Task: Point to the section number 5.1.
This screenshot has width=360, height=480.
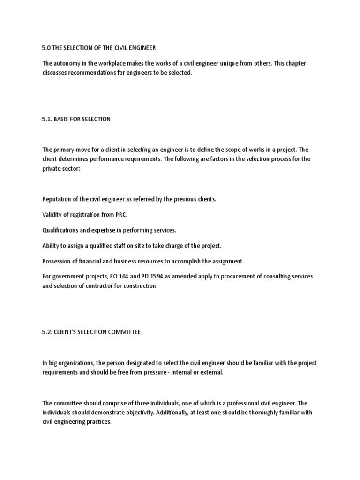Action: [47, 119]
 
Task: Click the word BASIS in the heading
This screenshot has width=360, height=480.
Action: [65, 119]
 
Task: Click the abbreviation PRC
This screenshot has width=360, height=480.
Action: [121, 215]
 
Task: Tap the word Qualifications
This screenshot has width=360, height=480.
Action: [60, 230]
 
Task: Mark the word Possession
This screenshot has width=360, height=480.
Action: [56, 261]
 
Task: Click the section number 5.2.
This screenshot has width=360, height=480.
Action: [47, 332]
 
